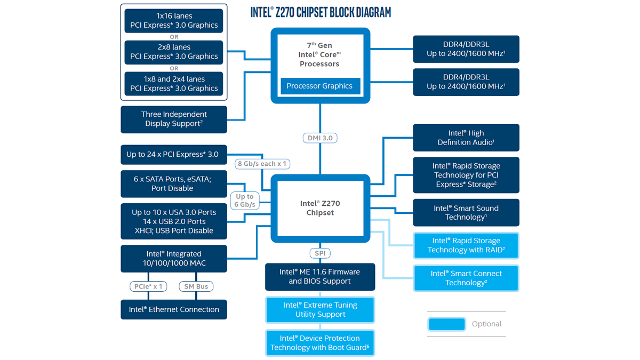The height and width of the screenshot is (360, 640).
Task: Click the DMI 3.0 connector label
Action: (x=320, y=138)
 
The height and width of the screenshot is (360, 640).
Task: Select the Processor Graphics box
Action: (x=319, y=86)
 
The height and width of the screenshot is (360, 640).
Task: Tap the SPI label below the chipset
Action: (x=319, y=253)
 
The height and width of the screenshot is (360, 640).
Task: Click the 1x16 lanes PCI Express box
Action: (x=174, y=20)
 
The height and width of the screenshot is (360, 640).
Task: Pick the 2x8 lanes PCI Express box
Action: (x=174, y=52)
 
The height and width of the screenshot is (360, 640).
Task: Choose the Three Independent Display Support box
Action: (x=174, y=119)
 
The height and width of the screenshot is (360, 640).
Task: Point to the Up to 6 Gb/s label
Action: (x=245, y=201)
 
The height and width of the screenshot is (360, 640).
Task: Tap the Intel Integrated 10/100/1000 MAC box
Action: (x=174, y=258)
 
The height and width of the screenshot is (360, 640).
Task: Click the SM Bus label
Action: (x=196, y=286)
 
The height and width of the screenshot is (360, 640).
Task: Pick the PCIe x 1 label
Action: (x=148, y=286)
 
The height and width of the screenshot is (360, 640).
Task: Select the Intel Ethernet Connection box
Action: (x=174, y=309)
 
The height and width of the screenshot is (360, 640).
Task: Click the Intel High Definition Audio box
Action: (x=466, y=138)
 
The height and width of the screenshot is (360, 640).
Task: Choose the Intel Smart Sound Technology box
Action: (x=466, y=212)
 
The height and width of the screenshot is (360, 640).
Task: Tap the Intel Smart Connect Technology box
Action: (x=466, y=278)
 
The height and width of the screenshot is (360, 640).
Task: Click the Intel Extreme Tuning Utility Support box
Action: (x=320, y=310)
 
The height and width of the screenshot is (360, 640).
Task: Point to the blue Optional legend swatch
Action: (x=446, y=324)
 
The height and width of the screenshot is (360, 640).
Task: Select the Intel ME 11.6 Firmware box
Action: (x=320, y=276)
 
